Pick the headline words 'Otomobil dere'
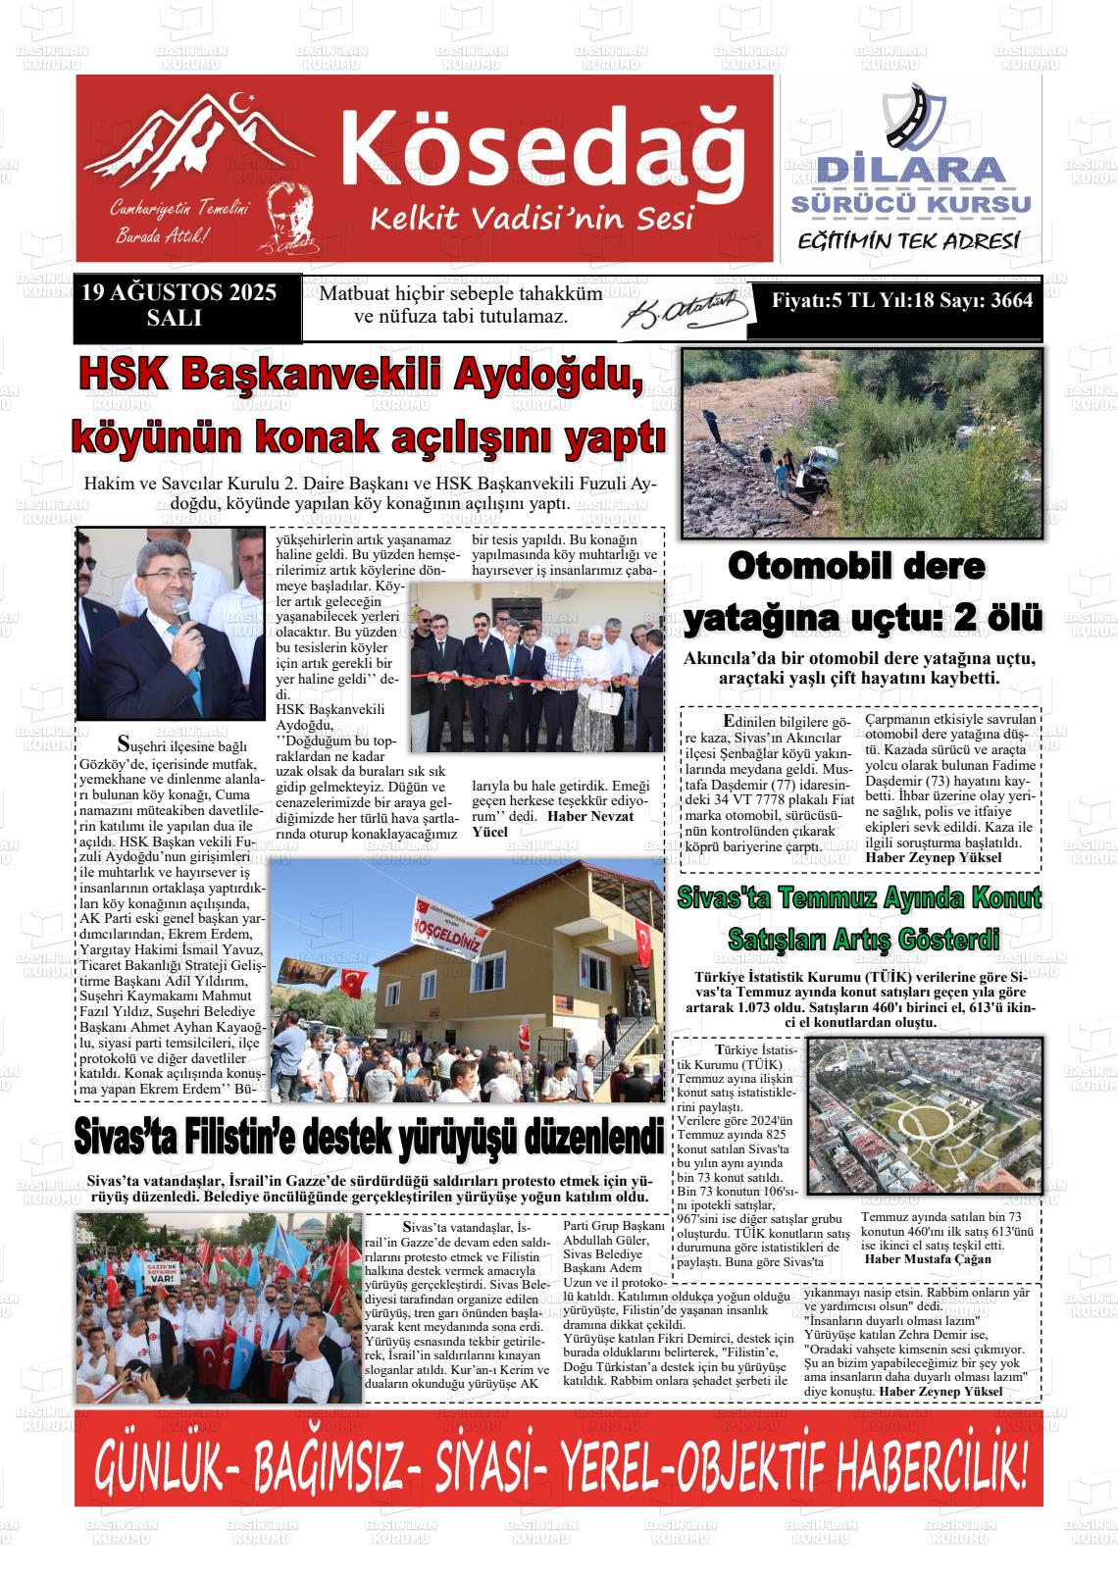[856, 568]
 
